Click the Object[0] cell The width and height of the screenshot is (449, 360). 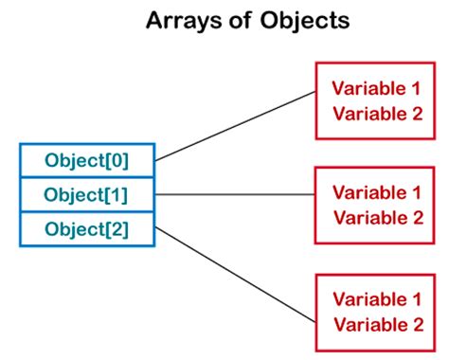click(86, 160)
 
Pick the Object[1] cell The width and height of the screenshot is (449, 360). click(86, 195)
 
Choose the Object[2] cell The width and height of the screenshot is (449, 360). click(86, 229)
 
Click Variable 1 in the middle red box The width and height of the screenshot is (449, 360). click(376, 193)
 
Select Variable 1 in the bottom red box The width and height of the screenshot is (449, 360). click(376, 300)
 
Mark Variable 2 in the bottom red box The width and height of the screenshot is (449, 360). click(376, 325)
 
